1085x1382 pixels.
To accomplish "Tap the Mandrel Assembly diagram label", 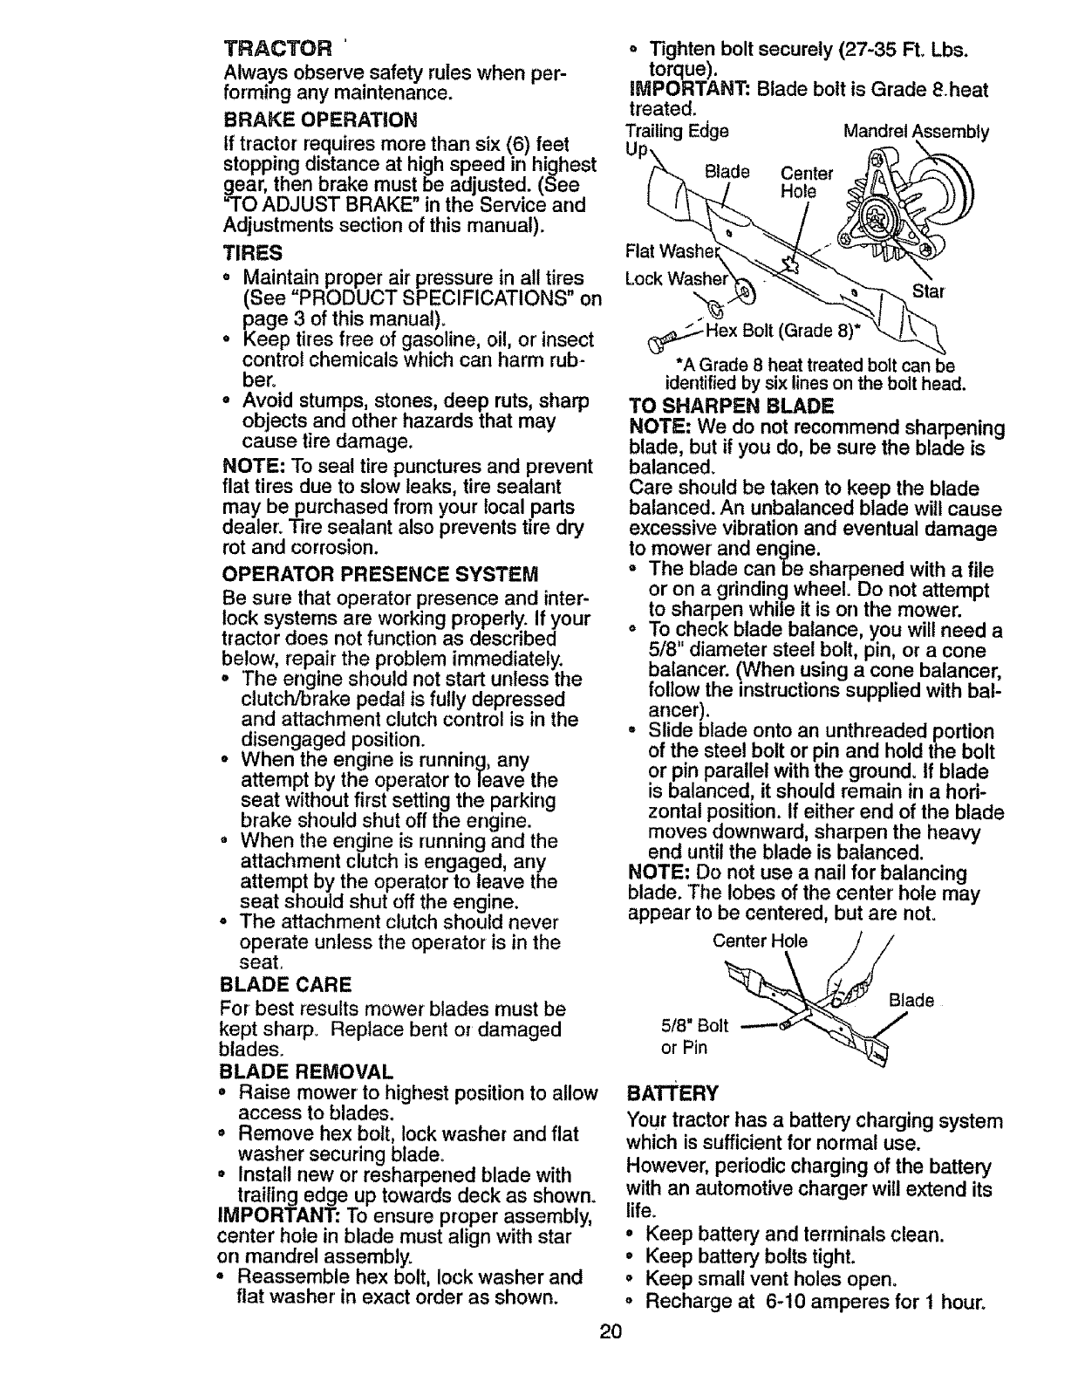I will (916, 133).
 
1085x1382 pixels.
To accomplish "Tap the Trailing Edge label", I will (678, 131).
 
